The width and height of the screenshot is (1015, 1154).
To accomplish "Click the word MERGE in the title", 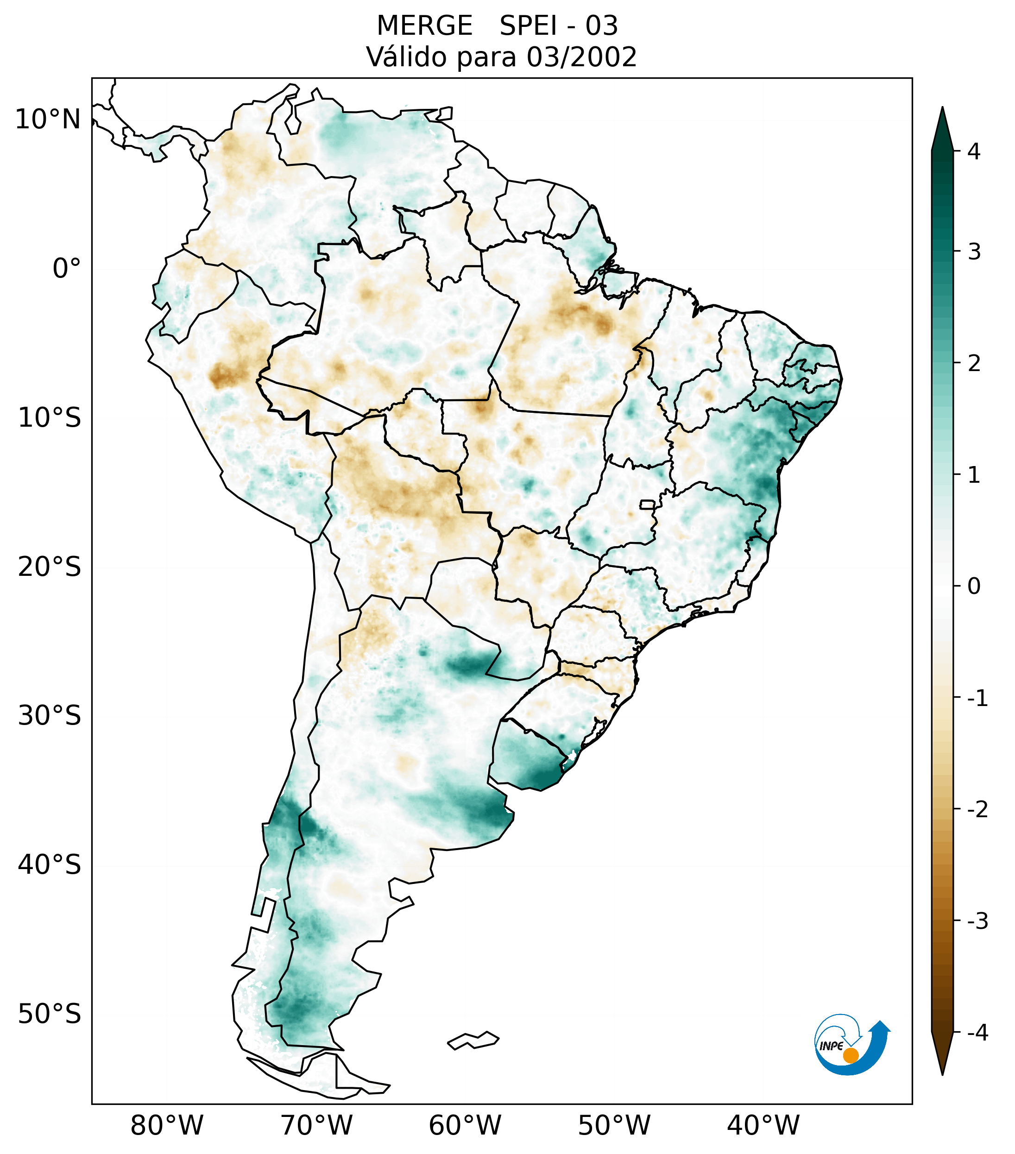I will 424,26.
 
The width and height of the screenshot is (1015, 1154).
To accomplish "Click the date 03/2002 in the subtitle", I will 581,57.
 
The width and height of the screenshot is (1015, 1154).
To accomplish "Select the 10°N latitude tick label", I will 47,120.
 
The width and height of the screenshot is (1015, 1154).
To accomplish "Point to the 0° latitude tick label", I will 67,269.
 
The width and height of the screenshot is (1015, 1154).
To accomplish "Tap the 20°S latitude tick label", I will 50,567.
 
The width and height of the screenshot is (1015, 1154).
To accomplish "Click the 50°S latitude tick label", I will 50,1014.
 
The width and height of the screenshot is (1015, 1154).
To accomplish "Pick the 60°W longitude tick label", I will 465,1125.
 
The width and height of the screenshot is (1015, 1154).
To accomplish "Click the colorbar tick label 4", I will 974,151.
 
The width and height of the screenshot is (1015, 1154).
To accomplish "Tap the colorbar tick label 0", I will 974,586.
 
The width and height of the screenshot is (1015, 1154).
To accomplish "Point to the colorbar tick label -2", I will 977,810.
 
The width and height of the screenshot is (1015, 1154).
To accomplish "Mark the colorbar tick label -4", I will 977,1033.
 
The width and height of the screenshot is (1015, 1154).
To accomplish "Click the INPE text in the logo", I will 831,1046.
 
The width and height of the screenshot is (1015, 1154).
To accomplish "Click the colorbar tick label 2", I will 974,364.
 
